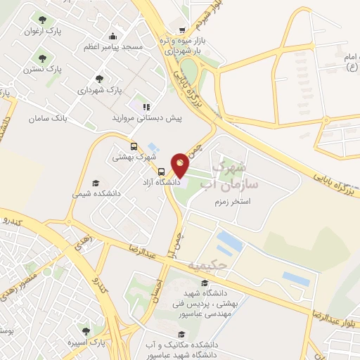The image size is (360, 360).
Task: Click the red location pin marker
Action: [180, 164]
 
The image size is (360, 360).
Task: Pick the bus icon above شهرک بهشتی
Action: [115, 146]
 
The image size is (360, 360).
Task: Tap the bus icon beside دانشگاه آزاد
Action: [162, 172]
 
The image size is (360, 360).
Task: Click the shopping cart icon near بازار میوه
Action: [182, 30]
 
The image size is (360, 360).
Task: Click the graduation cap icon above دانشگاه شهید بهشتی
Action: [205, 283]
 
